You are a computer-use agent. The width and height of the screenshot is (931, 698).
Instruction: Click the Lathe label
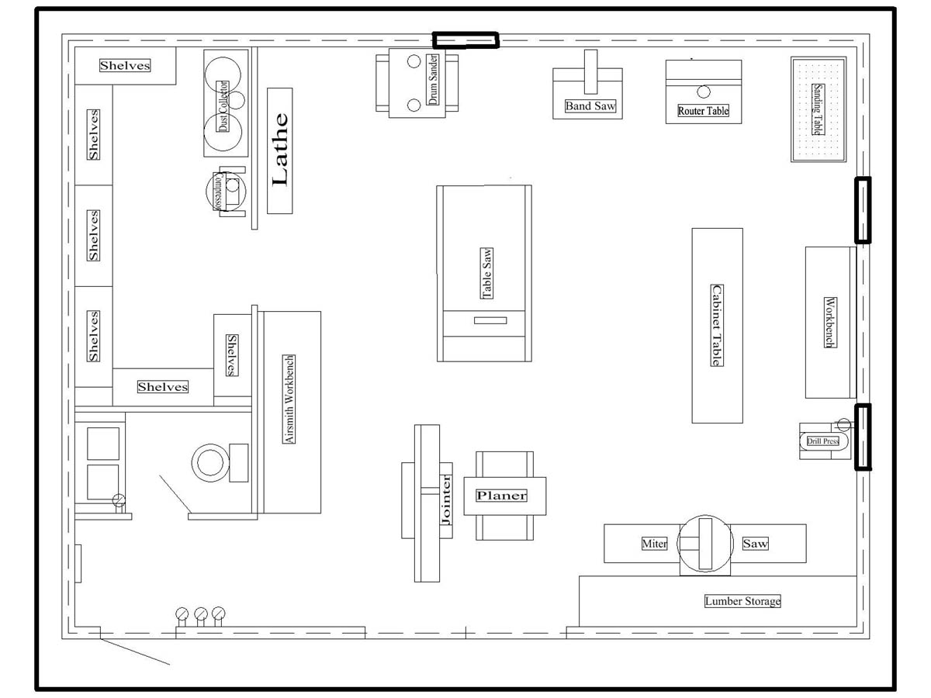(280, 150)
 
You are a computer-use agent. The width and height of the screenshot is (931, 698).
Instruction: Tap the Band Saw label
(590, 106)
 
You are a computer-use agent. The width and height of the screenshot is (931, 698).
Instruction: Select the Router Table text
(703, 111)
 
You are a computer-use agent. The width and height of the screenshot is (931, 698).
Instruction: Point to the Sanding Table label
(818, 109)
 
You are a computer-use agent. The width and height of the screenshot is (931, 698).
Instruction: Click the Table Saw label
(487, 273)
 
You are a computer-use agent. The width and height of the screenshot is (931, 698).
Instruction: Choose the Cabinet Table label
(717, 325)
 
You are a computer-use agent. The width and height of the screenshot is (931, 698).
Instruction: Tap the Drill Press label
(823, 441)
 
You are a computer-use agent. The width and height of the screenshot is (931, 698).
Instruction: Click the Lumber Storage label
(742, 601)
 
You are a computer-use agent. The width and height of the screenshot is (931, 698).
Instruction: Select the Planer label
(502, 496)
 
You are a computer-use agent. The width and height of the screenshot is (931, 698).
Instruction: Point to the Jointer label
(446, 500)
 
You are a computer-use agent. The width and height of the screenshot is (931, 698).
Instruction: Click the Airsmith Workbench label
(289, 399)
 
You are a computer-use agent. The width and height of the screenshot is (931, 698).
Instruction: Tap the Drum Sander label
(432, 79)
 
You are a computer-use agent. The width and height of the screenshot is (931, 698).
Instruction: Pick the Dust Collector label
(223, 106)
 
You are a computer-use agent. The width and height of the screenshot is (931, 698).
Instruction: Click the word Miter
(655, 544)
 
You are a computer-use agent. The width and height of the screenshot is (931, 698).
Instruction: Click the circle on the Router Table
(704, 92)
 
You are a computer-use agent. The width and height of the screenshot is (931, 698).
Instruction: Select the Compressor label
(219, 191)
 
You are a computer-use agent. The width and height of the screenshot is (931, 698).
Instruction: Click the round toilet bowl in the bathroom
(210, 463)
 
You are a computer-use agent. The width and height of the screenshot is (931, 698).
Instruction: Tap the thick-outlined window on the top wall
(465, 40)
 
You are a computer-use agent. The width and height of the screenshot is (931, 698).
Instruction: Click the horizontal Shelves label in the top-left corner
(125, 65)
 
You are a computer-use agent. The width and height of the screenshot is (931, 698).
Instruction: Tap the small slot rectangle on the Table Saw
(490, 321)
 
